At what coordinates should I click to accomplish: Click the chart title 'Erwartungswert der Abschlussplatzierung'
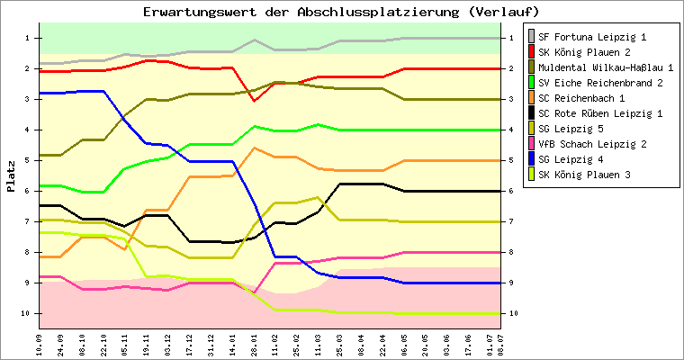pos(301,12)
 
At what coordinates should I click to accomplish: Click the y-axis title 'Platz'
pos(11,176)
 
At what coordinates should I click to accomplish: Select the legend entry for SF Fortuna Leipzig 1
pos(587,37)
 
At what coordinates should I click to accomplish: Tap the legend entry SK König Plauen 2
pos(579,52)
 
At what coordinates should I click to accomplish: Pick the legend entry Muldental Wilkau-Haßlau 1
pos(600,67)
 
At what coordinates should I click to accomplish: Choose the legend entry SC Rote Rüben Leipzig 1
pos(595,113)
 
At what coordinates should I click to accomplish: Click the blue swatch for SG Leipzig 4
pos(531,159)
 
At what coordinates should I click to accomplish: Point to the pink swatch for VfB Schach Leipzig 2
pos(531,144)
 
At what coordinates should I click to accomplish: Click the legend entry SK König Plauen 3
pos(579,175)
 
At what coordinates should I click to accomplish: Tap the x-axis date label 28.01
pos(254,346)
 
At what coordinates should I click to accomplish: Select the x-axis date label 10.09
pos(40,346)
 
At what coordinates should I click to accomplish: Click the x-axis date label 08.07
pos(500,346)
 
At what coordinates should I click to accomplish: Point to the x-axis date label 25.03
pos(340,346)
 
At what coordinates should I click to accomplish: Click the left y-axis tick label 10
pos(26,313)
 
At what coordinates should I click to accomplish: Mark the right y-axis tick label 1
pos(512,38)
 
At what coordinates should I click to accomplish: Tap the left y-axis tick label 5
pos(28,160)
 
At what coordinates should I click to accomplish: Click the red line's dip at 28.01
pos(255,101)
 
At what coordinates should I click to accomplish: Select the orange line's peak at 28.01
pos(255,148)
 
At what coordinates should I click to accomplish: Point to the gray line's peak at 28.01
pos(255,40)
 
